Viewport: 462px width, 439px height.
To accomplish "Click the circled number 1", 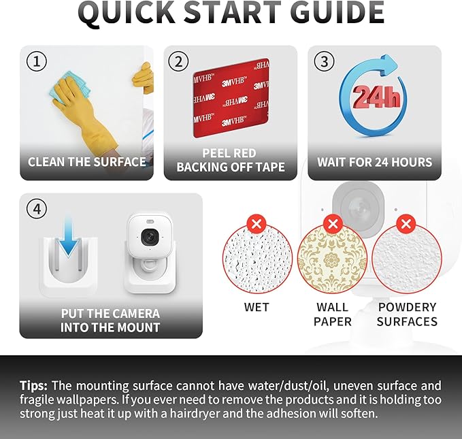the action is tap(37, 61).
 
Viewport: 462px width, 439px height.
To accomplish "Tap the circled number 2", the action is tap(178, 61).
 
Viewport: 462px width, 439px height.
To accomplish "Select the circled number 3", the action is tap(324, 61).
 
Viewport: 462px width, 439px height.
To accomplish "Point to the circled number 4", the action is tap(37, 209).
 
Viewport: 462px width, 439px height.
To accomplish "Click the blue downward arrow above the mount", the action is tap(68, 236).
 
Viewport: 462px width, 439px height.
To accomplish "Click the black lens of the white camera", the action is tap(150, 237).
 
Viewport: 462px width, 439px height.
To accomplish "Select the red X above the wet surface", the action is tap(257, 224).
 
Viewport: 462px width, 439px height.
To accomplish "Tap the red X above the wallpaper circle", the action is tap(333, 224).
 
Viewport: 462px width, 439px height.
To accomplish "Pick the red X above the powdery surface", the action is tap(406, 224).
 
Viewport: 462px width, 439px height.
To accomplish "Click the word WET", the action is tap(257, 307).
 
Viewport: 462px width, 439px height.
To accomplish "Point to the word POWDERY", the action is tap(407, 307).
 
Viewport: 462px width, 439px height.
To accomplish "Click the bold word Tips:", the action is tap(33, 386).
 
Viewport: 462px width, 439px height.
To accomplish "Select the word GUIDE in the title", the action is tap(337, 12).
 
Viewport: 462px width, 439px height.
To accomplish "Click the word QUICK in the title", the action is tap(127, 13).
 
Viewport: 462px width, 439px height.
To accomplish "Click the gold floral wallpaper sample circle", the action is tap(332, 258).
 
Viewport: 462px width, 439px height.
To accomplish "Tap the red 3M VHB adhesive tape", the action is tap(231, 99).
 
